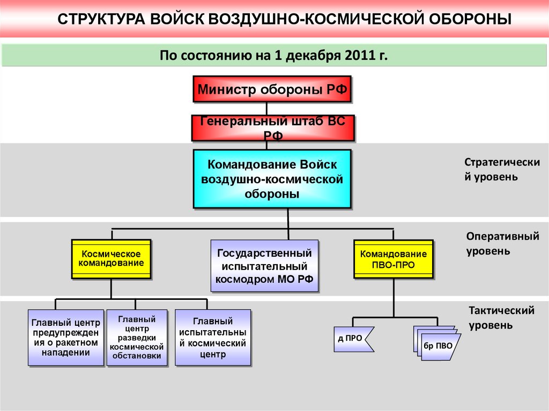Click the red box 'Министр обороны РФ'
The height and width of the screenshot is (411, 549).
(x=272, y=89)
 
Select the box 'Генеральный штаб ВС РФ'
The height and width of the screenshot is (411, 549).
(x=272, y=128)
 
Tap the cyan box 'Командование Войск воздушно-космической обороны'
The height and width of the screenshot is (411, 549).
(x=272, y=178)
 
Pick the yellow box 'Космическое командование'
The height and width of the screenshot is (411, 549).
(x=111, y=259)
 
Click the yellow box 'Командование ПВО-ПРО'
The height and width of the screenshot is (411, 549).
(x=394, y=259)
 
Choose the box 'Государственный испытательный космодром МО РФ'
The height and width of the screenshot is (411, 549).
(x=264, y=265)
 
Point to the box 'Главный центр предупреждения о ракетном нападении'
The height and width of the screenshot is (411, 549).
(x=65, y=337)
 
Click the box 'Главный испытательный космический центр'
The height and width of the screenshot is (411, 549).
(x=212, y=337)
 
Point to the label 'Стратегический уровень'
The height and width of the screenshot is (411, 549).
(x=494, y=169)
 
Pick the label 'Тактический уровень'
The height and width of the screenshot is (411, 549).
(x=501, y=318)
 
